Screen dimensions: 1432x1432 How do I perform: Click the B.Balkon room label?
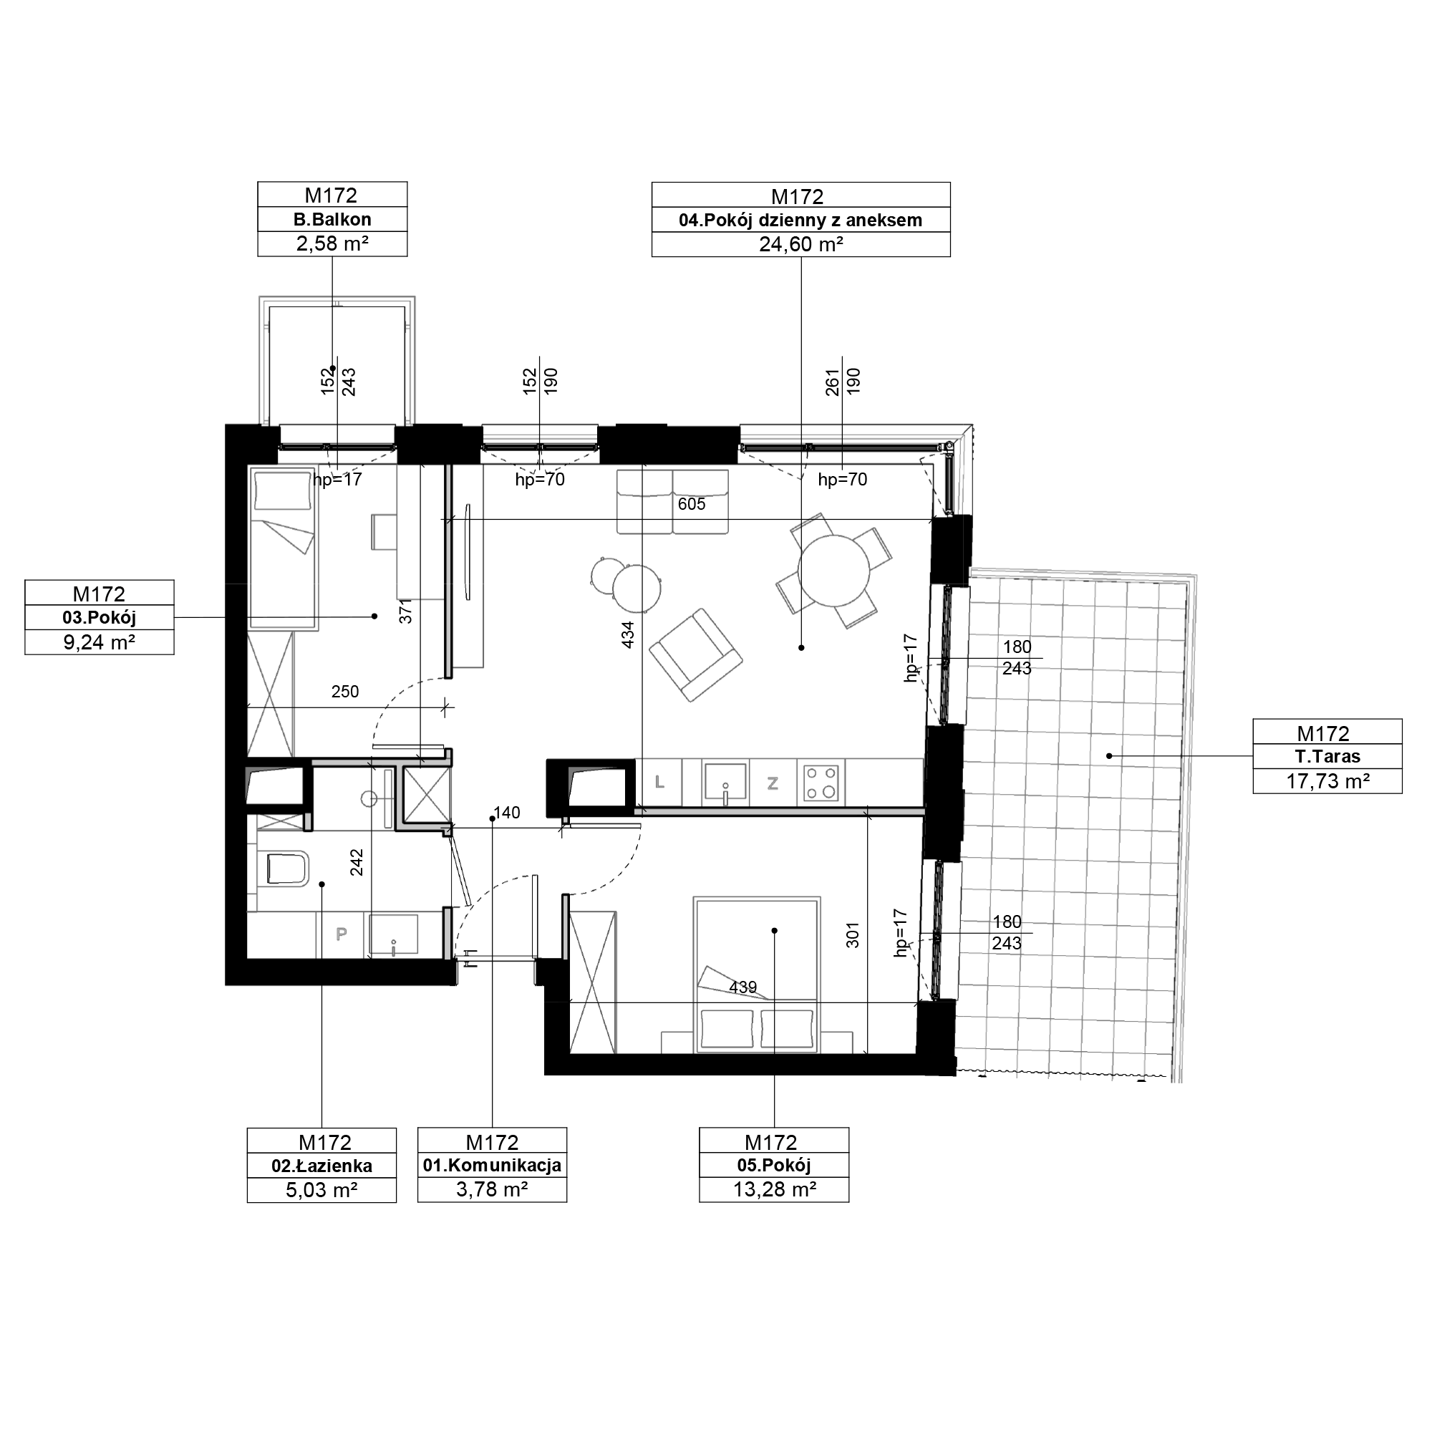point(332,219)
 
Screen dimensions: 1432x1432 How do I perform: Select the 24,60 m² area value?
point(800,244)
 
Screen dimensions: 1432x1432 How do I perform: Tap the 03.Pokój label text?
point(100,617)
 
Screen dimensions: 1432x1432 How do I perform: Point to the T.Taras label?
point(1327,757)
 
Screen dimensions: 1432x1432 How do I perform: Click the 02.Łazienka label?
point(321,1166)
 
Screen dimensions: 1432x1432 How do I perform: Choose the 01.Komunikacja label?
point(492,1165)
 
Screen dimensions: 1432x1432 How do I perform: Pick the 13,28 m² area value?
point(775,1189)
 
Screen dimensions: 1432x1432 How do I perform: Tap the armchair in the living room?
point(695,655)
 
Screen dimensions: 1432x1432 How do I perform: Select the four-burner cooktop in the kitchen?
point(821,782)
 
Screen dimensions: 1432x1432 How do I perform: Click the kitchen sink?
point(725,783)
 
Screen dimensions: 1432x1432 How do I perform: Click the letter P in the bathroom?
point(342,934)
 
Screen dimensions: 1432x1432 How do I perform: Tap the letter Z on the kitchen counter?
point(773,783)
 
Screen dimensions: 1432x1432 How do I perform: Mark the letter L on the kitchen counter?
point(659,782)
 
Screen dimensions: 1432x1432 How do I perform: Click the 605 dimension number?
point(692,505)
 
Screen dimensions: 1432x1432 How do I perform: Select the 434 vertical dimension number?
point(628,634)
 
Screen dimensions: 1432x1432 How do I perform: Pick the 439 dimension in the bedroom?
point(742,987)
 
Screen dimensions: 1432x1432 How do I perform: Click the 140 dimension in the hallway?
point(507,813)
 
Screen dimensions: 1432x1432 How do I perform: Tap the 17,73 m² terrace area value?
point(1327,780)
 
